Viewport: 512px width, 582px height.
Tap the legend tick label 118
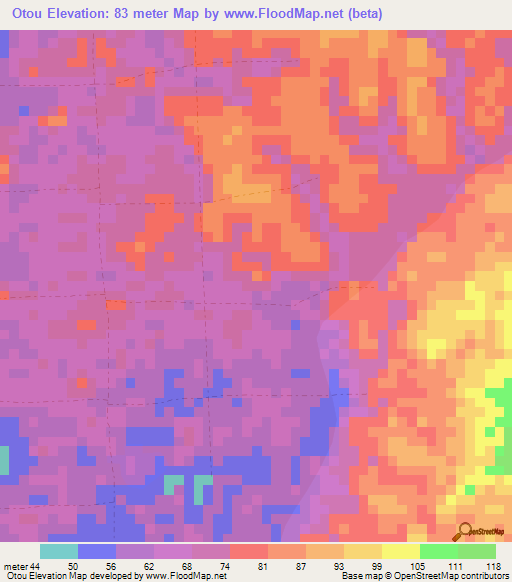(x=492, y=567)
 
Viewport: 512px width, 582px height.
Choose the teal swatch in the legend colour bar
(x=59, y=551)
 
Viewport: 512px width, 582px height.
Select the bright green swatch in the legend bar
(x=439, y=551)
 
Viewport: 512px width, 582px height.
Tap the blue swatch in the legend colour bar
(x=97, y=551)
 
